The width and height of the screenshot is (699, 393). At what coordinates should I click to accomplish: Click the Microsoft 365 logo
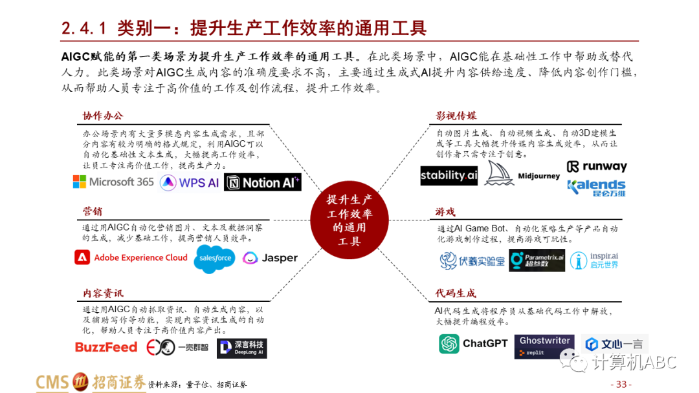[x=113, y=182]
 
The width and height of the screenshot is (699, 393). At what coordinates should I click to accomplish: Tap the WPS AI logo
[x=189, y=182]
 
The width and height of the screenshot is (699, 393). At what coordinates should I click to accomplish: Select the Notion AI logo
[x=263, y=182]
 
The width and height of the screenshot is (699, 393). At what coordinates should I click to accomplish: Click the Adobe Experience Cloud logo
[x=131, y=257]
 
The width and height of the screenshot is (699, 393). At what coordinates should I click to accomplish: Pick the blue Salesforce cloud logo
[x=215, y=259]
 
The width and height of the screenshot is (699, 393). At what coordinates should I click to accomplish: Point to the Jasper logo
[x=270, y=258]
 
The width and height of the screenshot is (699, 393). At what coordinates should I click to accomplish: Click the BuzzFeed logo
[x=106, y=347]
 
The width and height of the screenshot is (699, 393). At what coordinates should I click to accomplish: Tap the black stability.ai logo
[x=449, y=175]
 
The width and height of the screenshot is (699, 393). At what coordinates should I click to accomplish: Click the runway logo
[x=597, y=167]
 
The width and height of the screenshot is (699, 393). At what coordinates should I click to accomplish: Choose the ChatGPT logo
[x=473, y=344]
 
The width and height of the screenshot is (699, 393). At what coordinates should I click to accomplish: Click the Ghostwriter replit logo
[x=544, y=346]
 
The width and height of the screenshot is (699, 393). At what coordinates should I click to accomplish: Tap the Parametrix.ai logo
[x=537, y=260]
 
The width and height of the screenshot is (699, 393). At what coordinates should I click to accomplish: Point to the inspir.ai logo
[x=594, y=260]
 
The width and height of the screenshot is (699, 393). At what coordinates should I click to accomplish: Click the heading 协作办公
[x=102, y=116]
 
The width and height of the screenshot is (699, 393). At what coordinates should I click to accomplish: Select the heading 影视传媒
[x=456, y=116]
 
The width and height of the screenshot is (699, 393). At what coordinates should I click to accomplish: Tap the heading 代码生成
[x=456, y=293]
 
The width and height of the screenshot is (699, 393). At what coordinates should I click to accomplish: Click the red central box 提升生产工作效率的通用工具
[x=349, y=220]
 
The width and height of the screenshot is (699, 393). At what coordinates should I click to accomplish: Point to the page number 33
[x=622, y=384]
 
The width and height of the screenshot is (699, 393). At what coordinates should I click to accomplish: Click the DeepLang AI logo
[x=241, y=348]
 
